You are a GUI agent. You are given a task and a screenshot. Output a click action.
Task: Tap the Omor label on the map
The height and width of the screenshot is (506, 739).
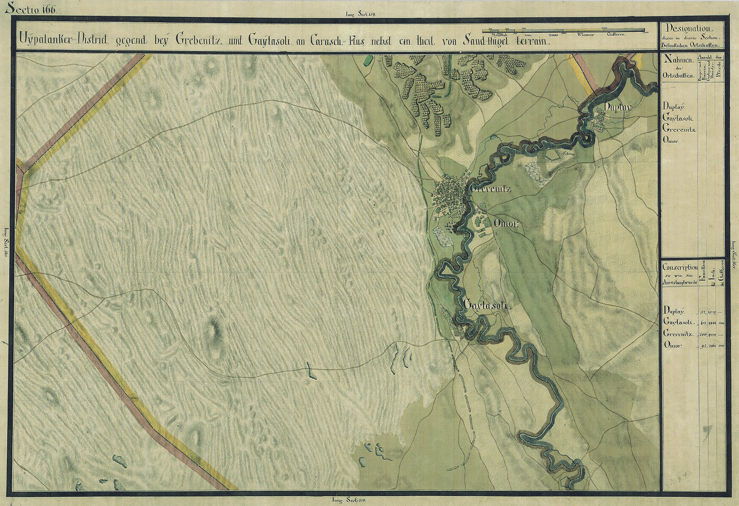(506, 224)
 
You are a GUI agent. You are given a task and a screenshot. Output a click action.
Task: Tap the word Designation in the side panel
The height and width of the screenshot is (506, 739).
(688, 29)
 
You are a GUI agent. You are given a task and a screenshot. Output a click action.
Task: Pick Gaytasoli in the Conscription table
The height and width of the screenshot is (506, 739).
(679, 322)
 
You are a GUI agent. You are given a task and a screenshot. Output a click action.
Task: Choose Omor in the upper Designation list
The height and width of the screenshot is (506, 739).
(670, 140)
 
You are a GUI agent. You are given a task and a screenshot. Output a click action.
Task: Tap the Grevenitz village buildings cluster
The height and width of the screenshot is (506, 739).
(449, 194)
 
